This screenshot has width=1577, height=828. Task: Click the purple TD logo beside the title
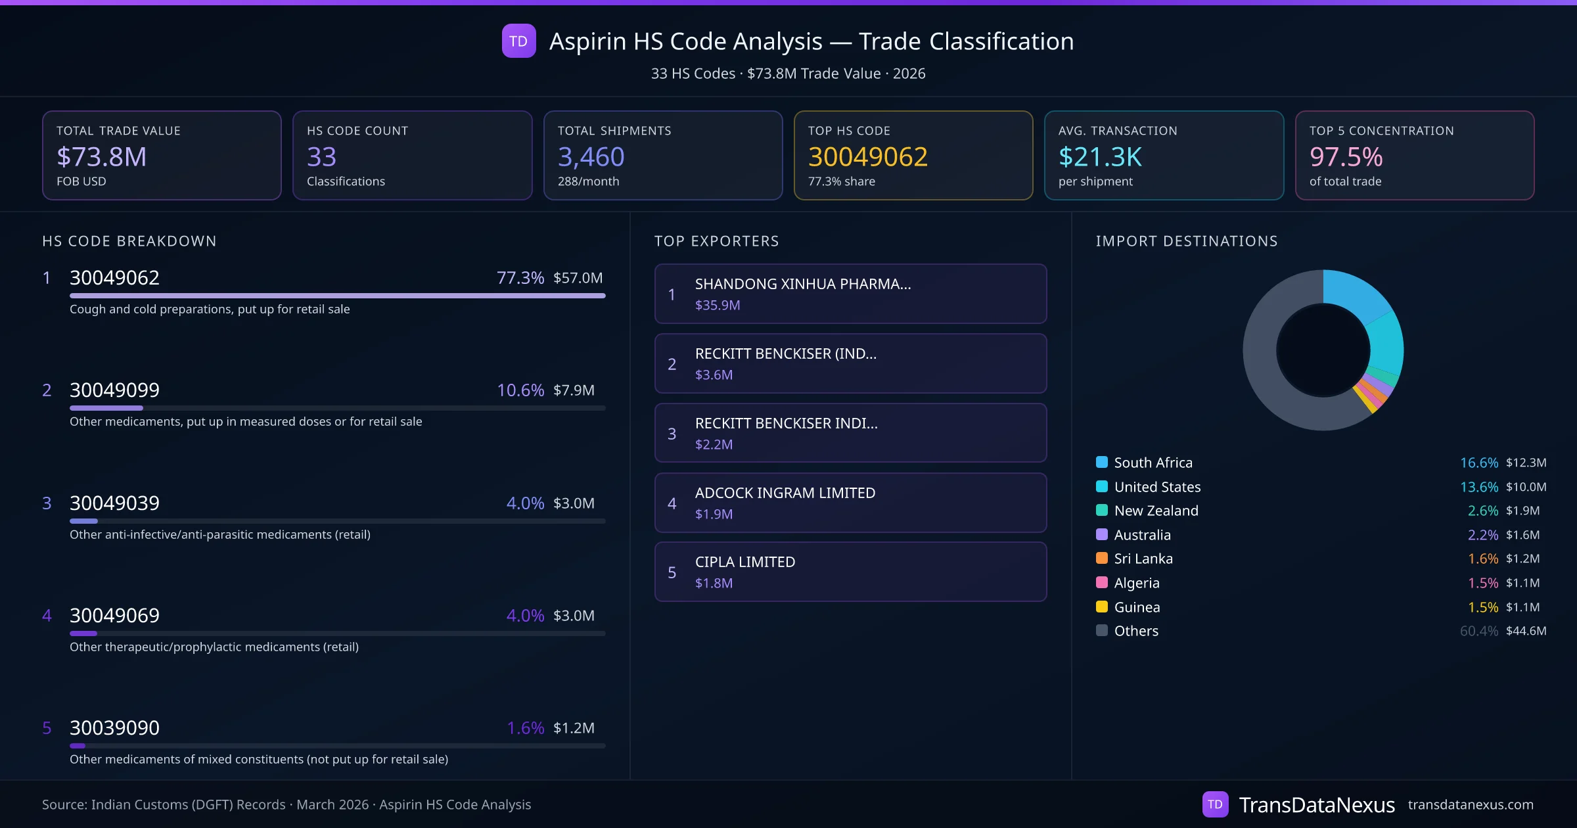(518, 41)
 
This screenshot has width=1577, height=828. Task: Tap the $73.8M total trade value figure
(102, 156)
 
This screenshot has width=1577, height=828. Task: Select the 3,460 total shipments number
(591, 156)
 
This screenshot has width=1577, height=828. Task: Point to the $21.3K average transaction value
(1100, 156)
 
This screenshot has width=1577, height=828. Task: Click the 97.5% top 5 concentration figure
(1346, 156)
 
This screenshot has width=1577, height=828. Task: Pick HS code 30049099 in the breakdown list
(114, 390)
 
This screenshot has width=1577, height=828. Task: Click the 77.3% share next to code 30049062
(520, 277)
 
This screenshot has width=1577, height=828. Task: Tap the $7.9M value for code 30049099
(574, 390)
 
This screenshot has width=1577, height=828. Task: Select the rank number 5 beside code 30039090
(47, 727)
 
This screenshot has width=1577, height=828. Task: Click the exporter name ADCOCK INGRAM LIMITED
(785, 493)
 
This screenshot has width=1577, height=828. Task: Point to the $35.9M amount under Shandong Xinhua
(717, 305)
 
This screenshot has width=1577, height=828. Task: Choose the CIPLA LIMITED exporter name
(744, 562)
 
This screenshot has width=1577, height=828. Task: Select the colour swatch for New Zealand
(1102, 511)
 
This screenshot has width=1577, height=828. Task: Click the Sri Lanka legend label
(1143, 559)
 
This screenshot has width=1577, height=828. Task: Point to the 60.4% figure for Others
(1478, 631)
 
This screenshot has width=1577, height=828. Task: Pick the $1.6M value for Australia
(1522, 535)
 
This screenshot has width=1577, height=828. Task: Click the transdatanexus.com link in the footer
(1470, 804)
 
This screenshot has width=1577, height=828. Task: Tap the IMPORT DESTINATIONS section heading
(1186, 241)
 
